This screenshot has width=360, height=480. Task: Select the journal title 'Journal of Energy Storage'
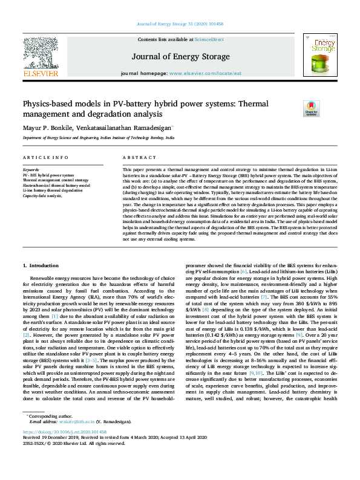click(180, 57)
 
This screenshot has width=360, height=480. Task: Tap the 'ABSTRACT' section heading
click(136, 157)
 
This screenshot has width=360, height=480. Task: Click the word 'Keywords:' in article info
click(32, 170)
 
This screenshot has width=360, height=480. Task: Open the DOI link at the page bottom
click(65, 449)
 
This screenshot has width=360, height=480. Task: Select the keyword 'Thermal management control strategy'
click(56, 180)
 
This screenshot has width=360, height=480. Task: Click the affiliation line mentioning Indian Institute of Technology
click(98, 138)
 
